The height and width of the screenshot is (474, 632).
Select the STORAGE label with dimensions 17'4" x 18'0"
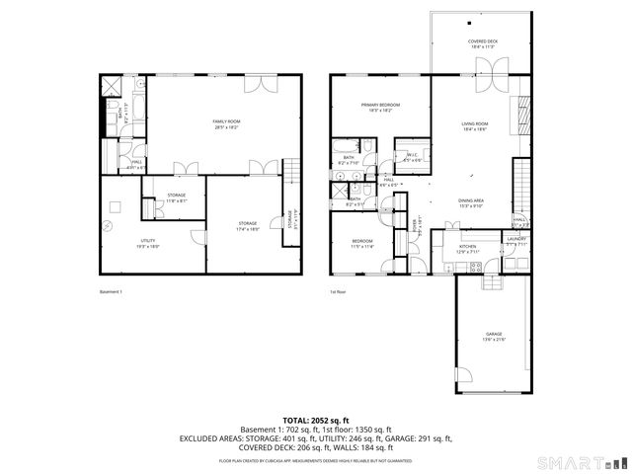pos(247,226)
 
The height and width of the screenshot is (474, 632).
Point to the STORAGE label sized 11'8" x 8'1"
pos(177,197)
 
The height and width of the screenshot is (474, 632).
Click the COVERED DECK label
pos(483,43)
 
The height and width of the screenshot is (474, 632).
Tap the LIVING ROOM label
pos(475,126)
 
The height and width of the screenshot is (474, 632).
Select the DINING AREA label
pos(470,202)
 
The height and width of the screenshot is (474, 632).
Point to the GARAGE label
pos(493,337)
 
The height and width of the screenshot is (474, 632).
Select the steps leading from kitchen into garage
pos(491,282)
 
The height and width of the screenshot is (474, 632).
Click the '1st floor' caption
pos(340,292)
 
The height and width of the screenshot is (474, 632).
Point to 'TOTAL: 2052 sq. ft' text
pos(315,420)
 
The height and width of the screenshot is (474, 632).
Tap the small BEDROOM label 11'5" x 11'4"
pos(362,244)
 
